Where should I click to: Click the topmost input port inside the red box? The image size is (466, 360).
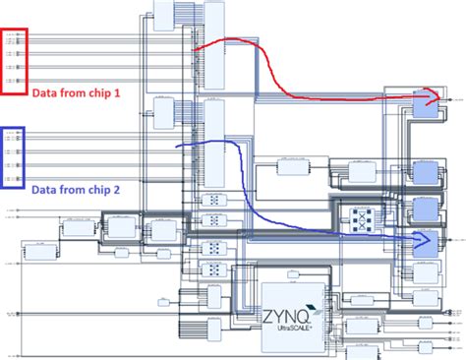coord(14,37)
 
